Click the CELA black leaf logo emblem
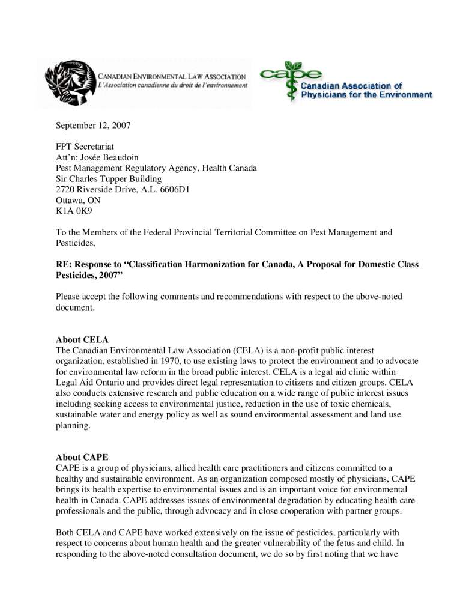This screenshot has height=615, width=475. pos(67,81)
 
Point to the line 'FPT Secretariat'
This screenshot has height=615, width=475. pos(85,147)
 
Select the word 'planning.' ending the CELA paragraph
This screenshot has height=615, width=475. pos(73,426)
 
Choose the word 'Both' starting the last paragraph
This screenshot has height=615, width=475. pos(65,532)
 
